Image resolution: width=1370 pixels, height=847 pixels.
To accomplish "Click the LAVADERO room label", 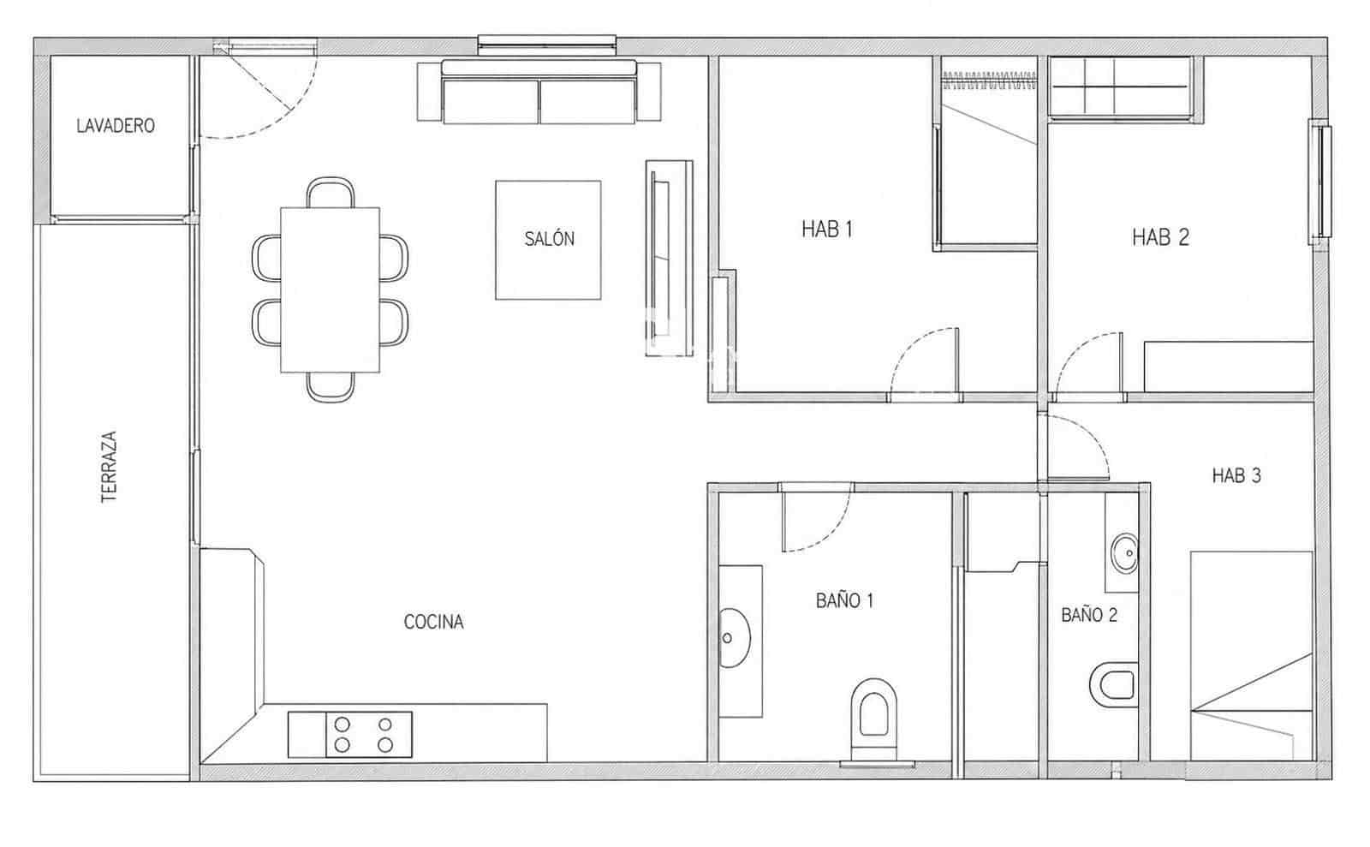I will click(x=116, y=126).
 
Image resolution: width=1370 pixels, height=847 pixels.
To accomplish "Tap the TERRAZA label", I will click(x=109, y=467).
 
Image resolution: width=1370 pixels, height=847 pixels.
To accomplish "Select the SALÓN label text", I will click(x=549, y=239).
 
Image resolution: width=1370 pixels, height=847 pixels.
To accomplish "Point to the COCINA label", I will click(x=433, y=622).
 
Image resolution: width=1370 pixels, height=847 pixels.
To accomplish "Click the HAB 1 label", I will click(x=826, y=229).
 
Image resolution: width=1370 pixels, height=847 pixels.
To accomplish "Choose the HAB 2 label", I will click(x=1160, y=237).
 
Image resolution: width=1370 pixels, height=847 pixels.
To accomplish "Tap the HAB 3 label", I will click(x=1236, y=475).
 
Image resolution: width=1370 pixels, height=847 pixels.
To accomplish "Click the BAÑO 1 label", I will click(x=844, y=600).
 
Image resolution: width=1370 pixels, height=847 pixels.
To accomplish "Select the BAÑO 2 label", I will click(x=1088, y=615).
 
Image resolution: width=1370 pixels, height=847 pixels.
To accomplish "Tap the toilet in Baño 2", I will click(x=1112, y=685).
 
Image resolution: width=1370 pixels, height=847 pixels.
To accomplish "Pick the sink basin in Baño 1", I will click(x=734, y=637).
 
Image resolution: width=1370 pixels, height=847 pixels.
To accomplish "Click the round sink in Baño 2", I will click(x=1124, y=554).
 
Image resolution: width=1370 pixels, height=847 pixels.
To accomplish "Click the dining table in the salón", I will click(x=330, y=289).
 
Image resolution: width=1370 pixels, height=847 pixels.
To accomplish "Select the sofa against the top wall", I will click(x=539, y=92).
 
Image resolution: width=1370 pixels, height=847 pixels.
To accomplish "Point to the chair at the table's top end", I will click(x=330, y=192).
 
